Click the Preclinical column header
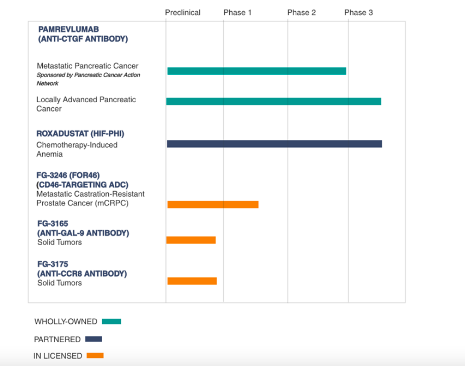click(182, 12)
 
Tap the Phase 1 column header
click(237, 12)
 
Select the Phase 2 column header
click(301, 12)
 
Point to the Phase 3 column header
click(358, 12)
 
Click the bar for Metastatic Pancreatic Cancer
click(257, 71)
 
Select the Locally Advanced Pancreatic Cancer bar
click(273, 102)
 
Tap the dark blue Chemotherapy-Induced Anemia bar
click(274, 144)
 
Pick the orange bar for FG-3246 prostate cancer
click(213, 204)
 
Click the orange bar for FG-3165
click(191, 240)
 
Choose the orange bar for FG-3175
click(192, 281)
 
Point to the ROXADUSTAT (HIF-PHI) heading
click(80, 134)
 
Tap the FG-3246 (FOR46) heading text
click(68, 175)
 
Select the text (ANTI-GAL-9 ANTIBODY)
click(83, 233)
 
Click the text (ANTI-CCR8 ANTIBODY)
click(82, 273)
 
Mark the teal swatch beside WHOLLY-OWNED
click(111, 321)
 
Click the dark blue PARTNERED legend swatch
click(94, 339)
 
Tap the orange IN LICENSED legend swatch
click(95, 356)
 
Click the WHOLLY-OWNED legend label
click(66, 322)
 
